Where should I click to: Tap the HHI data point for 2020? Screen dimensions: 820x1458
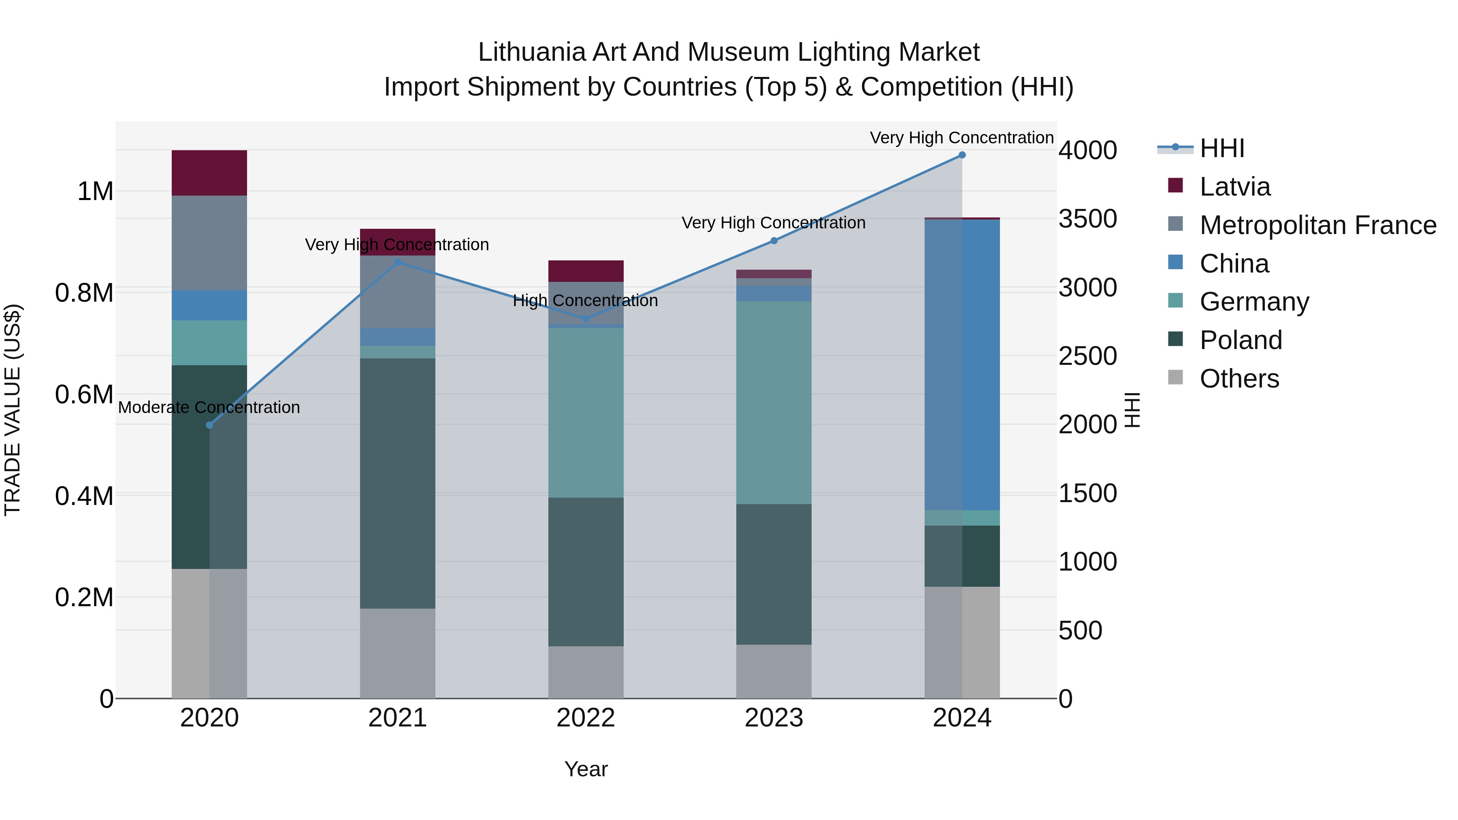click(x=209, y=425)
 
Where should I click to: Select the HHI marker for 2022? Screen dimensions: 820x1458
click(x=586, y=319)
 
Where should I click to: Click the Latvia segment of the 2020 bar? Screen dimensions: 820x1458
click(x=209, y=173)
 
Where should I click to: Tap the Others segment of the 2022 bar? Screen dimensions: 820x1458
click(x=586, y=672)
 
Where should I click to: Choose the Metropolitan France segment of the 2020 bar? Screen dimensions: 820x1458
click(x=209, y=243)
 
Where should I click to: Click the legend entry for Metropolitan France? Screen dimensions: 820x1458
click(x=1317, y=225)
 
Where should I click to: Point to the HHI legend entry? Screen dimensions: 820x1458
click(x=1221, y=148)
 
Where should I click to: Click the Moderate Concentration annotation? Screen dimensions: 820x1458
click(x=209, y=407)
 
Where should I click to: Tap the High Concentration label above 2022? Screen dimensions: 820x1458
click(x=585, y=300)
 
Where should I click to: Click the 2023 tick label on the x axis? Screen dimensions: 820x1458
click(x=774, y=718)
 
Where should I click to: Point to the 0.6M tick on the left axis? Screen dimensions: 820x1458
click(x=84, y=394)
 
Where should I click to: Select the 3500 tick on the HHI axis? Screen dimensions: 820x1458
click(x=1087, y=219)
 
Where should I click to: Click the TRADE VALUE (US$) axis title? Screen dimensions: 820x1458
click(x=13, y=410)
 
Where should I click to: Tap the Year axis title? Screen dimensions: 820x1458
click(x=586, y=769)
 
